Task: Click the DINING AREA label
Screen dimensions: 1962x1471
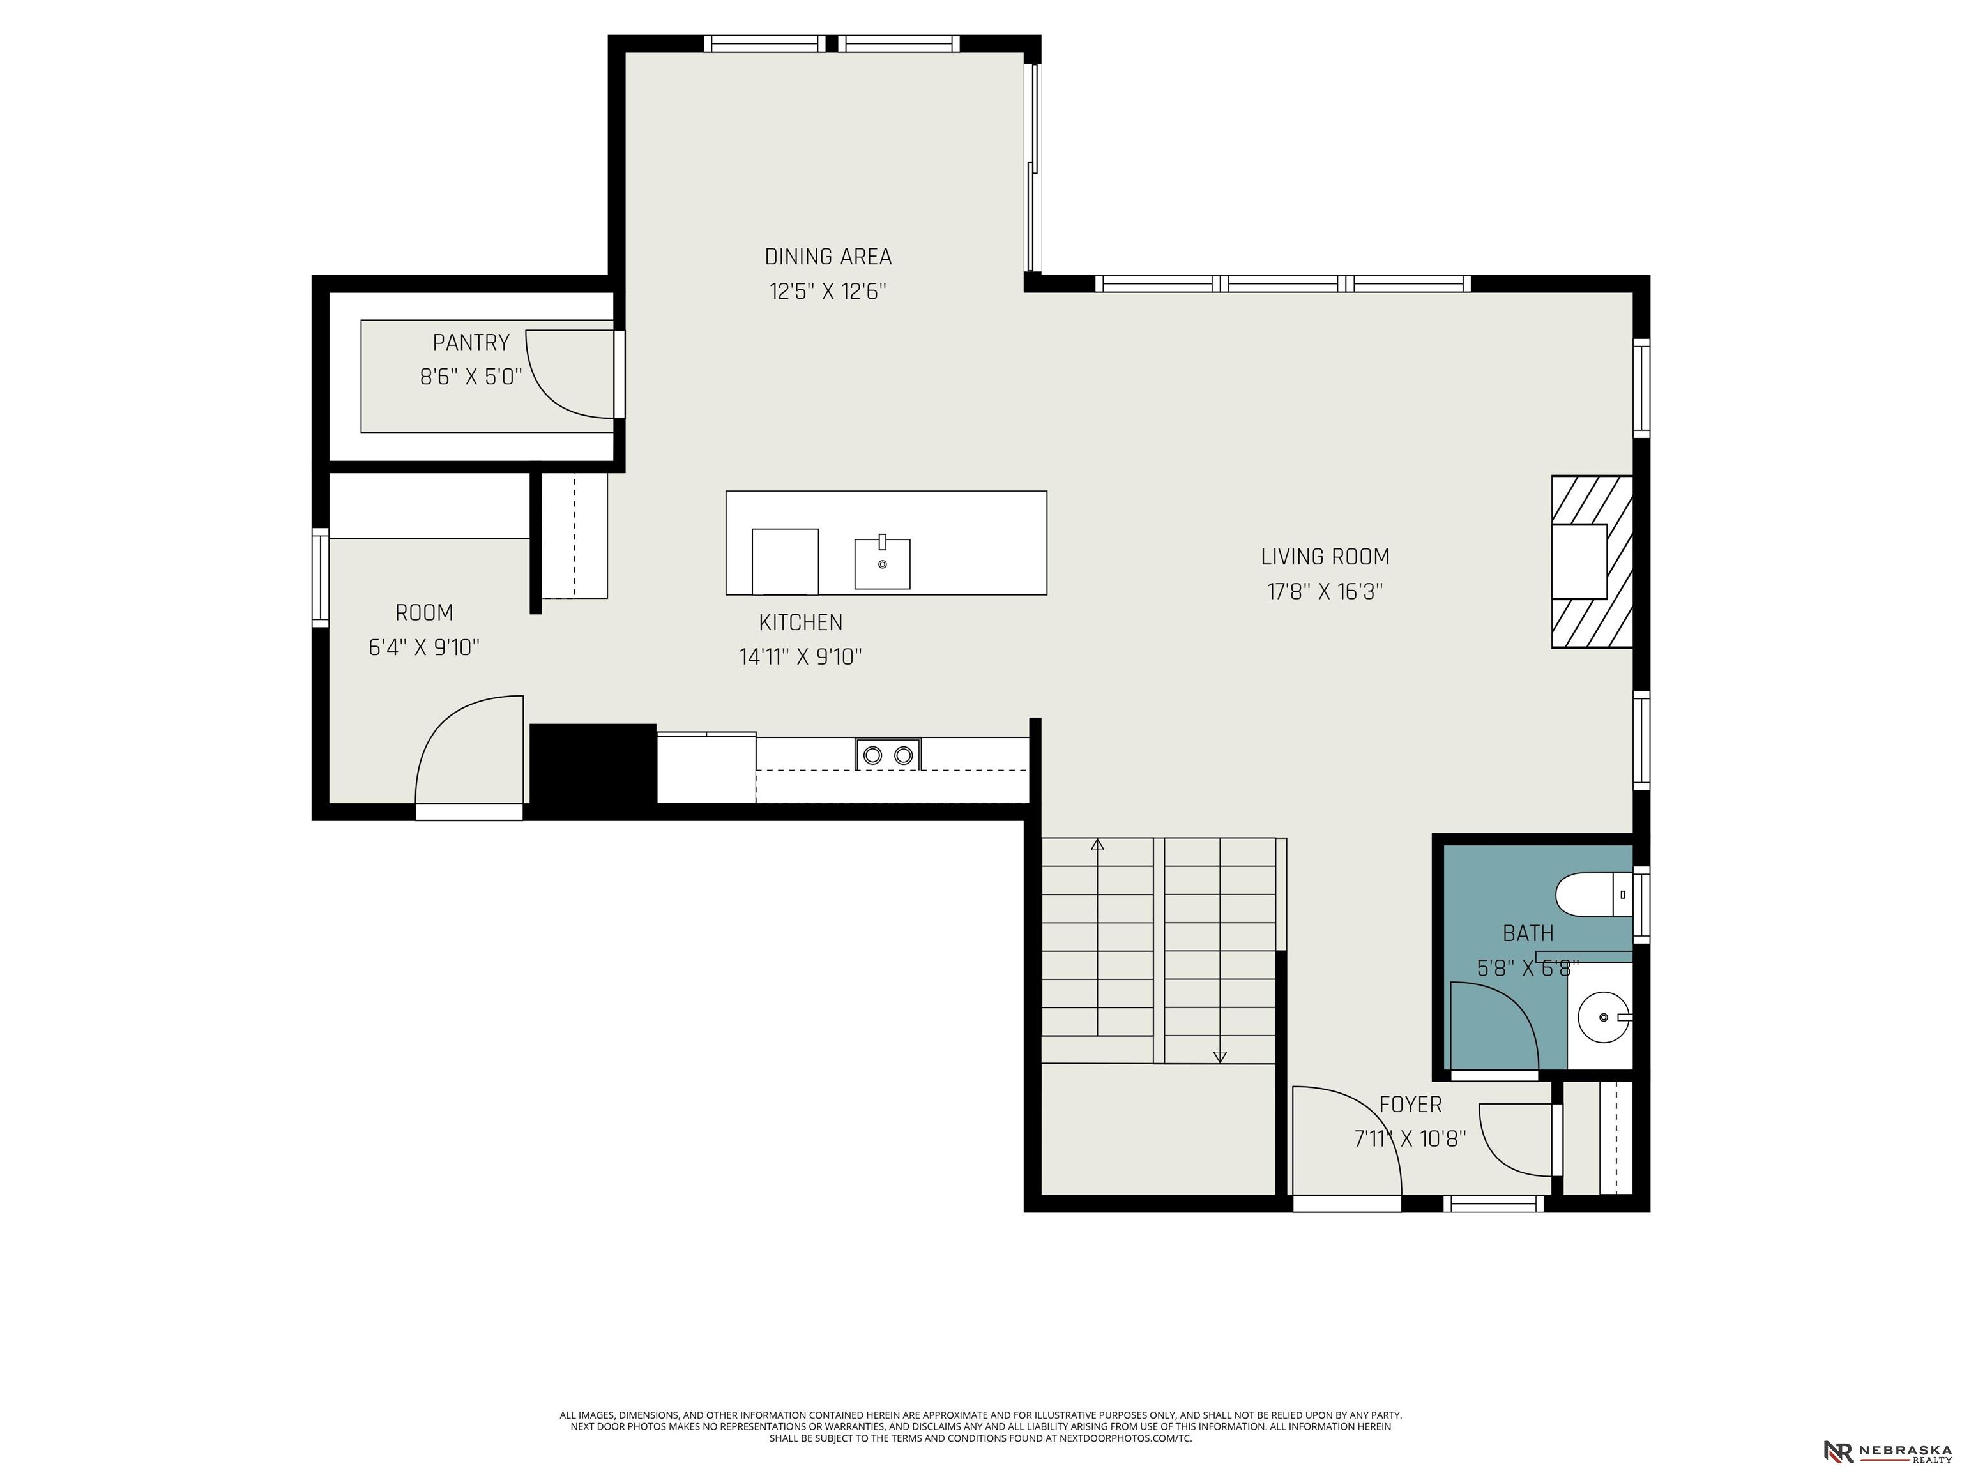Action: tap(828, 257)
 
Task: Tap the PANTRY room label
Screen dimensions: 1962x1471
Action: tap(471, 342)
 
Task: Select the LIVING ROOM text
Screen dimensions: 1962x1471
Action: tap(1325, 557)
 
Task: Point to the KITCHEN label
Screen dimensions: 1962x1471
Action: tap(800, 622)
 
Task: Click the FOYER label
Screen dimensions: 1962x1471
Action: tap(1410, 1105)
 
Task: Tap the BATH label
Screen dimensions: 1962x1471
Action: tap(1528, 933)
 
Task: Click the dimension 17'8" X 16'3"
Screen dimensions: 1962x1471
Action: tap(1325, 591)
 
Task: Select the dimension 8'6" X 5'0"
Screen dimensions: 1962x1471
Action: tap(471, 377)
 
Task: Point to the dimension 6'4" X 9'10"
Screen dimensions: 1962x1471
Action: tap(424, 647)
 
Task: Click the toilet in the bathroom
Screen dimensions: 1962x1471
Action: tap(1594, 894)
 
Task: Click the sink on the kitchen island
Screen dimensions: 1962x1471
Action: tap(883, 563)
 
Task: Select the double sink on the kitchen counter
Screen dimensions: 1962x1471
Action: tap(888, 755)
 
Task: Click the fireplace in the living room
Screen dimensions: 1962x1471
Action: tap(1592, 561)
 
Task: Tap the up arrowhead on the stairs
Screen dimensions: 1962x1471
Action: tap(1098, 845)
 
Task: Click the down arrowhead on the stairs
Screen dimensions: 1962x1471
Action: tap(1220, 1056)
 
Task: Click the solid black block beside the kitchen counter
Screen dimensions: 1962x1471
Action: tap(593, 764)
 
